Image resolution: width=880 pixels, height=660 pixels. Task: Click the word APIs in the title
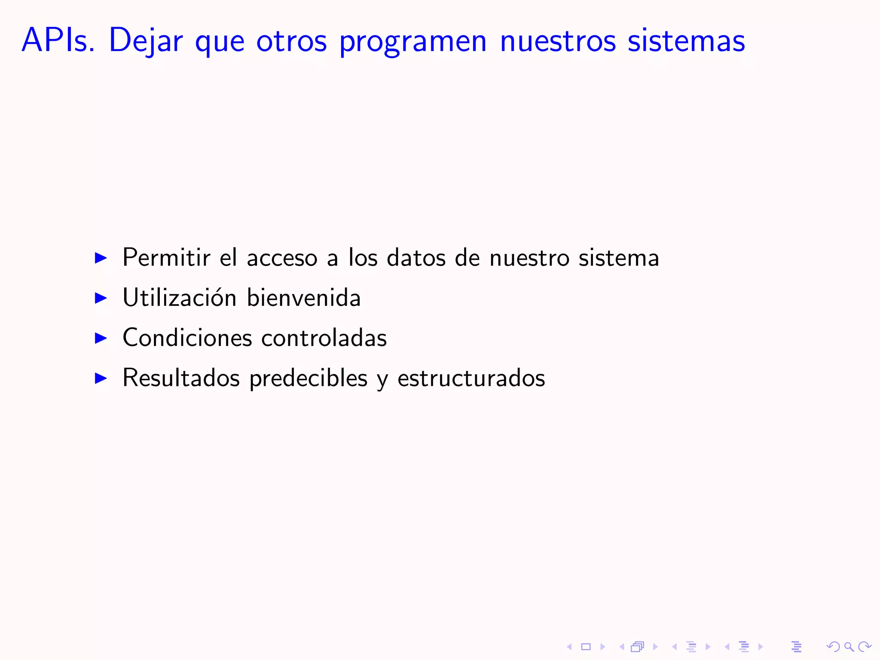click(x=58, y=40)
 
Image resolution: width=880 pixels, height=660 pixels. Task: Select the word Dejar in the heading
click(x=146, y=41)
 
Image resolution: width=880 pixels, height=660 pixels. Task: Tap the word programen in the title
click(x=413, y=42)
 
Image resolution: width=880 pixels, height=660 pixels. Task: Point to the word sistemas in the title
click(x=686, y=41)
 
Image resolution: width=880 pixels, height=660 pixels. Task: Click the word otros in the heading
click(x=291, y=41)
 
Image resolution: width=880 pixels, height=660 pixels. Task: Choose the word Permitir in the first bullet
click(x=166, y=257)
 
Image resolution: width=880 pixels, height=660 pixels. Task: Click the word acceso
click(x=282, y=258)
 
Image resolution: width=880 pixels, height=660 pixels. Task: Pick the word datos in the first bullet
click(x=416, y=258)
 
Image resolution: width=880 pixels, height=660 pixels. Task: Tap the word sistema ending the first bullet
click(x=619, y=258)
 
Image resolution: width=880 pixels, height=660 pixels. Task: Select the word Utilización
click(x=179, y=297)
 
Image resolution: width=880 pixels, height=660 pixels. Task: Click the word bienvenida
click(x=304, y=297)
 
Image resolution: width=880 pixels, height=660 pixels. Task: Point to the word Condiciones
click(x=187, y=338)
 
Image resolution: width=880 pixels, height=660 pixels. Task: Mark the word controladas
click(x=324, y=338)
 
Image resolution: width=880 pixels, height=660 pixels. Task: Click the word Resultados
click(x=181, y=378)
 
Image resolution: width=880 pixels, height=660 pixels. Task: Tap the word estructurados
click(x=471, y=378)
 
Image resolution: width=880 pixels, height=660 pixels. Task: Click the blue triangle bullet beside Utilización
click(x=101, y=298)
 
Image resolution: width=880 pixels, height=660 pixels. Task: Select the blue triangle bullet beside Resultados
click(x=101, y=378)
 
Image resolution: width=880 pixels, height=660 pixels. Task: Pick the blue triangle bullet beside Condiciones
click(x=101, y=338)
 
